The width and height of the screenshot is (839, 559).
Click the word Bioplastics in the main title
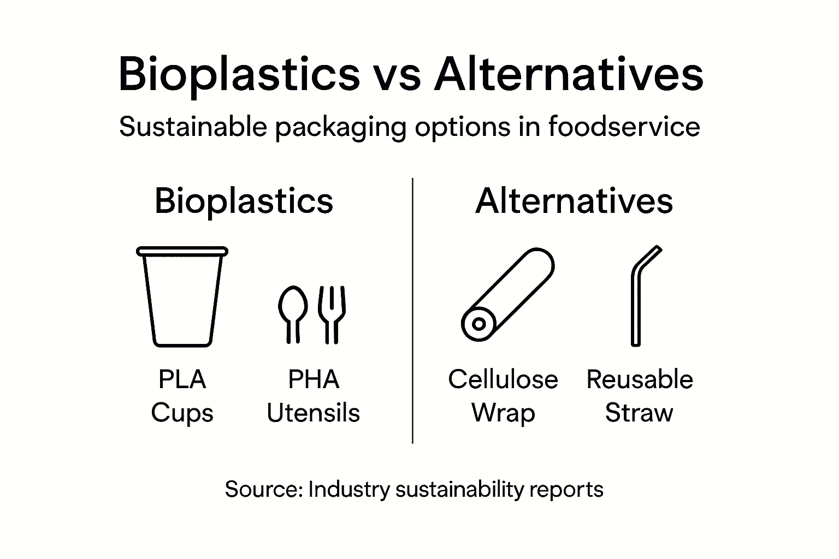click(x=239, y=75)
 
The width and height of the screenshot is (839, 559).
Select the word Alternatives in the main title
click(x=568, y=75)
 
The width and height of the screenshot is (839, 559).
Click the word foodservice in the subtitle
click(x=624, y=127)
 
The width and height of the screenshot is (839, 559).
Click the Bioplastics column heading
click(x=244, y=201)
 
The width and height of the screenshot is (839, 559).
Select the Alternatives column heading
click(x=574, y=201)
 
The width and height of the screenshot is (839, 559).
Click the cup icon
click(x=182, y=298)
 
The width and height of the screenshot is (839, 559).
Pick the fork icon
click(x=332, y=314)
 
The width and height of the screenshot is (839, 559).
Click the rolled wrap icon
click(x=507, y=295)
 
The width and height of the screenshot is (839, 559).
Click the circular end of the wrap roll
click(x=478, y=324)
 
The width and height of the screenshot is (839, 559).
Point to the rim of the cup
click(x=182, y=251)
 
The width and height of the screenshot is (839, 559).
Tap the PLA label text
click(x=182, y=379)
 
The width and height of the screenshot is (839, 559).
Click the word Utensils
click(x=313, y=413)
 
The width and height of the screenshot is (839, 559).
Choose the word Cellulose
click(x=503, y=379)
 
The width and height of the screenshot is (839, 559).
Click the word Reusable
click(x=640, y=379)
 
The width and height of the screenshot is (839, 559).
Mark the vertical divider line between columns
click(x=412, y=311)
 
